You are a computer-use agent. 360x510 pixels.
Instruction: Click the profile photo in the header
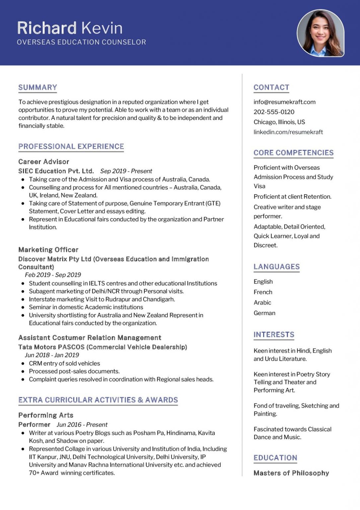[320, 33]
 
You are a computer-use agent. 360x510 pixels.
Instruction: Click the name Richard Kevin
[70, 28]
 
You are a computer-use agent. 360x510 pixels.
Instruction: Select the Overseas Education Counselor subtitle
[81, 42]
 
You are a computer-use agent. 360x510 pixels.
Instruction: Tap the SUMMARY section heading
[37, 87]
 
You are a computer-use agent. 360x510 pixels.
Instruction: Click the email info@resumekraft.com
[284, 102]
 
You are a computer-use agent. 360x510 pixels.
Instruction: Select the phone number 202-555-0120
[274, 112]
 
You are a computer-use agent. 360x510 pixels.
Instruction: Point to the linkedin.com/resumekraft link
[288, 132]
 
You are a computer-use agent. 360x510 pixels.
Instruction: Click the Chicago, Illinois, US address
[279, 122]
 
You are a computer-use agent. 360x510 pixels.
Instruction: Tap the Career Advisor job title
[43, 162]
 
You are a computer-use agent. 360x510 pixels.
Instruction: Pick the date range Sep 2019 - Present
[126, 171]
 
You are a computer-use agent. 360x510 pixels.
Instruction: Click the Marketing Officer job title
[48, 250]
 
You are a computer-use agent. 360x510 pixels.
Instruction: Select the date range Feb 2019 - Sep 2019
[53, 275]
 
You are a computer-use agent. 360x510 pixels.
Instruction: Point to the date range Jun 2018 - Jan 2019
[52, 355]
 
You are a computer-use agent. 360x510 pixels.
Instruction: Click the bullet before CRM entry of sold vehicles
[23, 364]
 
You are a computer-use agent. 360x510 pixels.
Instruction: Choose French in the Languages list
[263, 292]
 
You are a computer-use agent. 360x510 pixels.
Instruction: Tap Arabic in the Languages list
[262, 302]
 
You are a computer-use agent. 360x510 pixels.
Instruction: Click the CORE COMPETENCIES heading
[293, 153]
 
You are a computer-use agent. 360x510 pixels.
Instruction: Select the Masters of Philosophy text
[291, 473]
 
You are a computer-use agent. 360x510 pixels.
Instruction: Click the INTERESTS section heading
[274, 335]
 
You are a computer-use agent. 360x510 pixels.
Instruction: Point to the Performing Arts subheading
[46, 415]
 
